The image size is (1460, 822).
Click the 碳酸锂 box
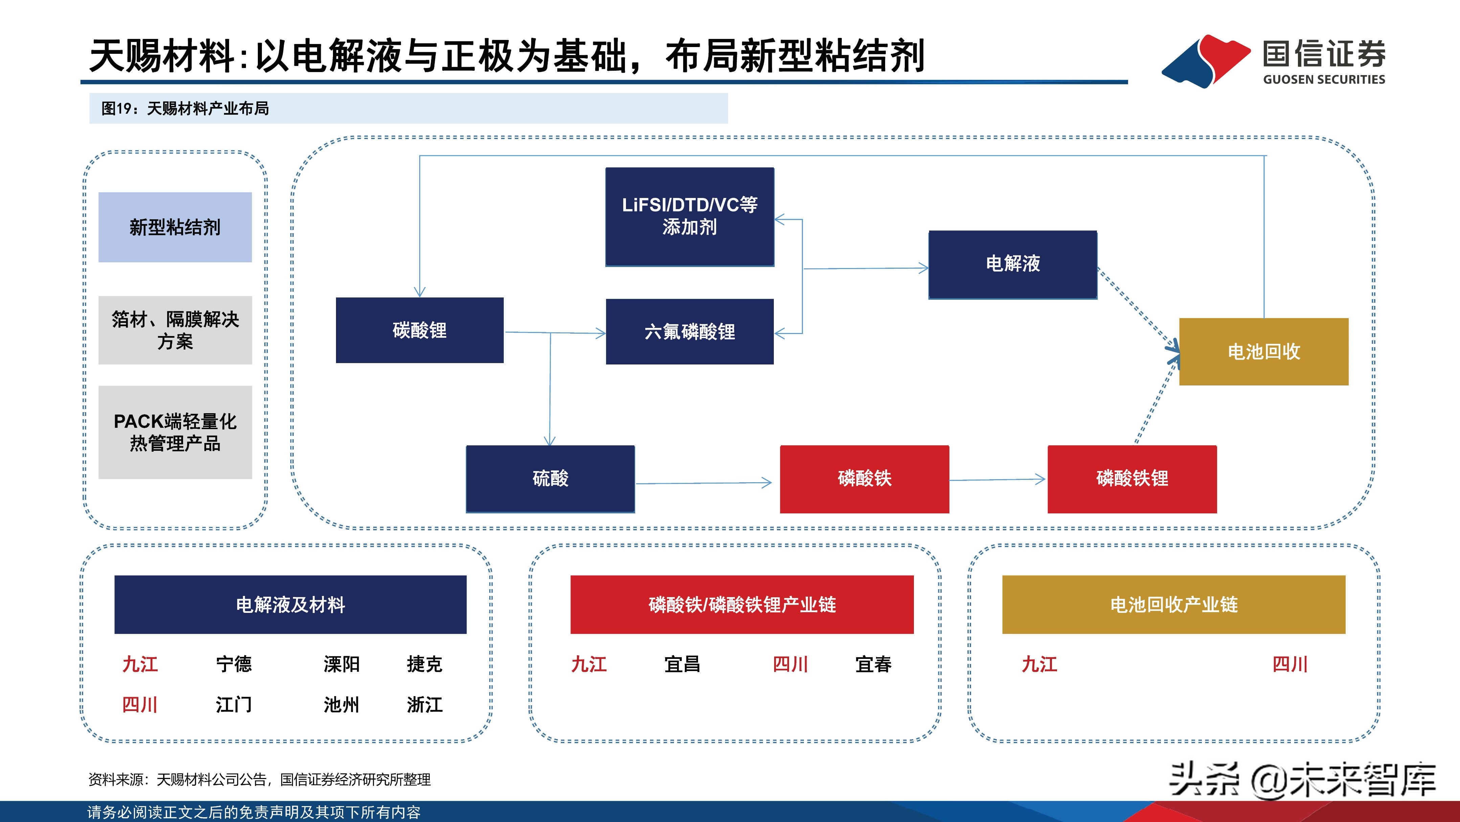[420, 330]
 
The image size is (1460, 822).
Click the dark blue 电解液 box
[1012, 264]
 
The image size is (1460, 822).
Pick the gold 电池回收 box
[1263, 352]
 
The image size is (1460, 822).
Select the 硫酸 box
[550, 479]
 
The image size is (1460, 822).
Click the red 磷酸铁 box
[864, 479]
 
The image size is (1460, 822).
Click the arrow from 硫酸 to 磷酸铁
[703, 483]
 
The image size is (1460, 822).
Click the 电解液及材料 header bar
[290, 604]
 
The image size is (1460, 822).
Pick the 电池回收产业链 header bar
[1173, 604]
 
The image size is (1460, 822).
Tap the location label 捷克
[424, 664]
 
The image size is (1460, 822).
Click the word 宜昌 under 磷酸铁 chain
[682, 664]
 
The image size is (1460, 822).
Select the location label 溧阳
[341, 664]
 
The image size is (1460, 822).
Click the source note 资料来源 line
[259, 779]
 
